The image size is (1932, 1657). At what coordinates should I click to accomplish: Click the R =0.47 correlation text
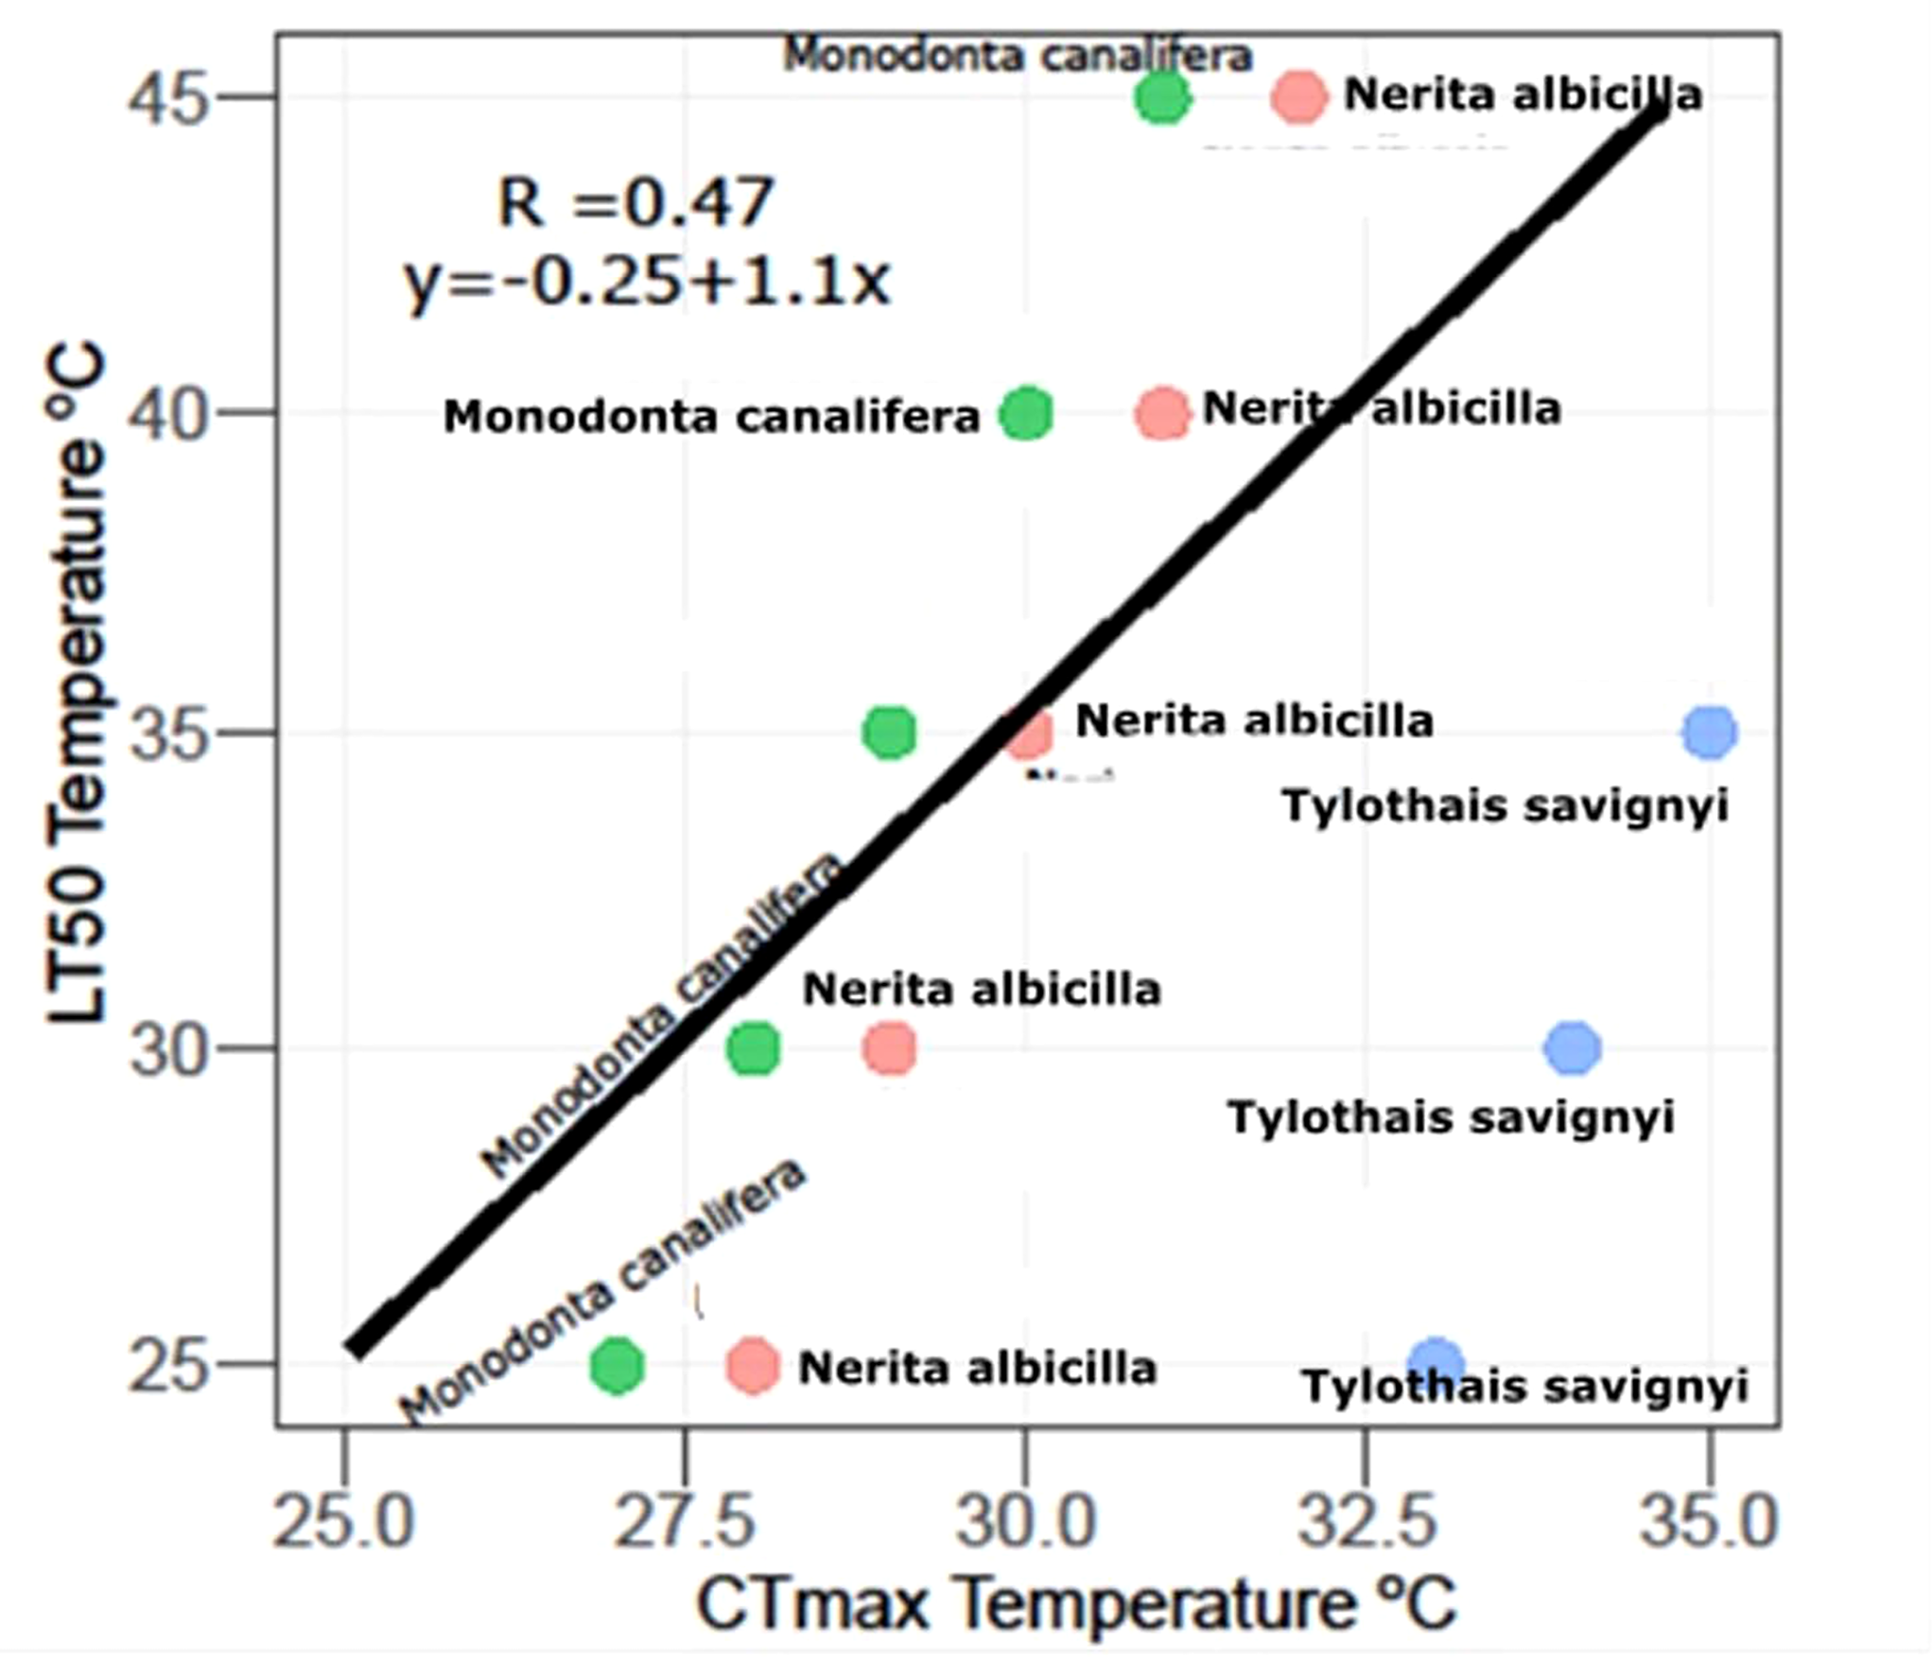(x=635, y=202)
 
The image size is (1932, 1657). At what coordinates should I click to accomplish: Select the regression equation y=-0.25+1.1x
(x=648, y=281)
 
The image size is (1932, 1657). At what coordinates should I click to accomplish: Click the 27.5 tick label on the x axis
(x=685, y=1522)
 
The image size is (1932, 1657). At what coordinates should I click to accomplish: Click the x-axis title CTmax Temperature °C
(x=1076, y=1605)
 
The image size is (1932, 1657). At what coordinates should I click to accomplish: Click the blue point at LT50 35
(x=1709, y=733)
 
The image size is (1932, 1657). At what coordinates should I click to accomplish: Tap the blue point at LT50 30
(x=1572, y=1047)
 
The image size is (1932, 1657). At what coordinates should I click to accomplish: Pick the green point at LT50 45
(x=1162, y=97)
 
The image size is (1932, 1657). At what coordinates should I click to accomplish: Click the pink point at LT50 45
(x=1299, y=96)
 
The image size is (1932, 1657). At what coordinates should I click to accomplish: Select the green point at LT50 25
(x=618, y=1365)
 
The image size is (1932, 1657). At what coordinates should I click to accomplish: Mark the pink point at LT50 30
(x=889, y=1048)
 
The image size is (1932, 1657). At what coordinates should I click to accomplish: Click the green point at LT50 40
(x=1026, y=414)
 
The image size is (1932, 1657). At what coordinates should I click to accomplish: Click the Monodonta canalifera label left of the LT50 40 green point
(x=711, y=417)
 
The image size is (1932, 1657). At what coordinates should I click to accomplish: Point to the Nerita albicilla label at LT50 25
(x=977, y=1368)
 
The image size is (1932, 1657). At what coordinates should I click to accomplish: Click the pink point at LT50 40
(x=1162, y=414)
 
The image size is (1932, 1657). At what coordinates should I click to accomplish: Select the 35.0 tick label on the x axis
(x=1708, y=1522)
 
